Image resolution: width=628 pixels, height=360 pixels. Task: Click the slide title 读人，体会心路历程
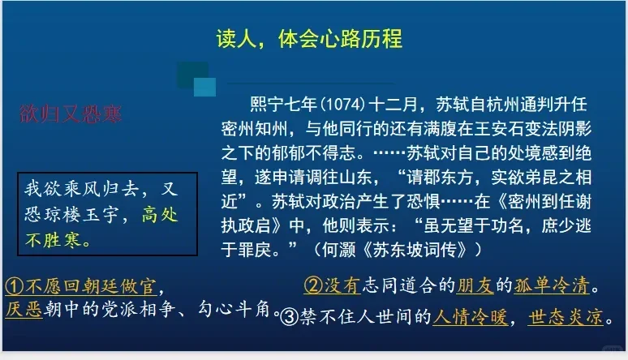pos(309,39)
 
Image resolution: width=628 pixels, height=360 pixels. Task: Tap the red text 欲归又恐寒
pos(71,114)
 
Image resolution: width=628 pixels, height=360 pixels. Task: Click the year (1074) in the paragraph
pos(343,105)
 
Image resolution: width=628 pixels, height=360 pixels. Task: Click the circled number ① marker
pos(15,286)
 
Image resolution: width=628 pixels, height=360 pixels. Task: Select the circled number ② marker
pos(313,285)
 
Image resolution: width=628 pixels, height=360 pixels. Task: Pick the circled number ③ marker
pos(289,317)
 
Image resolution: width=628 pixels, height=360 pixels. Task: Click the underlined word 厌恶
pos(24,310)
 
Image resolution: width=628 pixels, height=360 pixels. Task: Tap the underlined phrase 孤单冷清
pos(552,285)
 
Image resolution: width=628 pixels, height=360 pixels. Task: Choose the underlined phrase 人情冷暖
pos(471,317)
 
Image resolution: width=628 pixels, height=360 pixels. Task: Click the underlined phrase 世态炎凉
pos(566,317)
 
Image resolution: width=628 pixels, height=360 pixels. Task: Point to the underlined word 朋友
pos(475,285)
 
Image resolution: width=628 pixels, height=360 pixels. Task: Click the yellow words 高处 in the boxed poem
pos(160,215)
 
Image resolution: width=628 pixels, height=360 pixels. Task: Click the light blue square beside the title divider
pos(204,87)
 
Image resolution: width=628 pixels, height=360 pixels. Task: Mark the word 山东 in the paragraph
pos(355,177)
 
